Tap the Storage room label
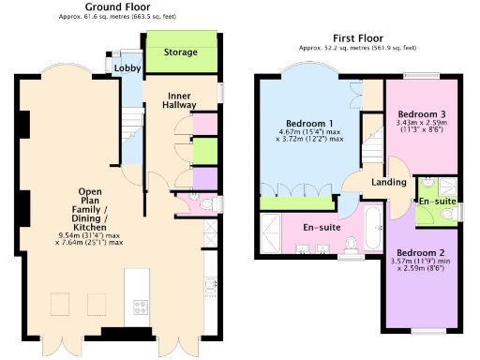tap(180, 53)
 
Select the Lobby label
tap(126, 69)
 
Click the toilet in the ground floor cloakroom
tap(209, 202)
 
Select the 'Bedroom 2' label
tap(420, 253)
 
